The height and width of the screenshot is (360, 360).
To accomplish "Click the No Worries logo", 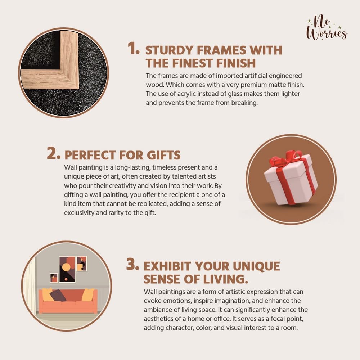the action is point(327,28).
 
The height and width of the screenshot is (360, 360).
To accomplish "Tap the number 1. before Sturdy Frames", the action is point(134,48).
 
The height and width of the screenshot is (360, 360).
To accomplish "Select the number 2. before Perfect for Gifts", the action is point(54,153).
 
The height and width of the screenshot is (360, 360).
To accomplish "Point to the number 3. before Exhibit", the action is point(132,264).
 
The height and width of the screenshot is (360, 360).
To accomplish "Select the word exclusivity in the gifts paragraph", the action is point(79,213).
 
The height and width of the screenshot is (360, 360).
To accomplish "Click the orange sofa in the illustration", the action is point(68,301).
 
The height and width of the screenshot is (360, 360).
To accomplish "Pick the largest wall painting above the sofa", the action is point(67,269).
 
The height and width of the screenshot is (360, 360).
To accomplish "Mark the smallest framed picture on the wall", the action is point(54,278).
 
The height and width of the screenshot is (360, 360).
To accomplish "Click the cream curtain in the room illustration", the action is point(30,285).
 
